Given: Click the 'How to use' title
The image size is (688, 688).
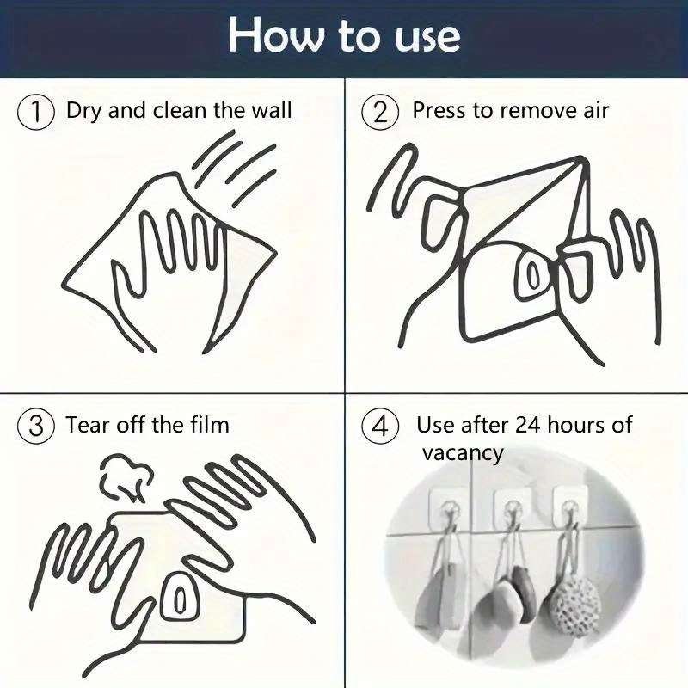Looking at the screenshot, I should [344, 36].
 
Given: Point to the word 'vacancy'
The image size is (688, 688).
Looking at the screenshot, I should [462, 452].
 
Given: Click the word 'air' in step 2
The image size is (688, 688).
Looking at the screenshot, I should [593, 111].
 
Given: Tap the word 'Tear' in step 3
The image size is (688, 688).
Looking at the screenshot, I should [87, 425].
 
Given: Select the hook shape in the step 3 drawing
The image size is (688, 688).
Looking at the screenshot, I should [181, 593].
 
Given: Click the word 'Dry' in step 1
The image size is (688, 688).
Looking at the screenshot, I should [83, 111].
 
